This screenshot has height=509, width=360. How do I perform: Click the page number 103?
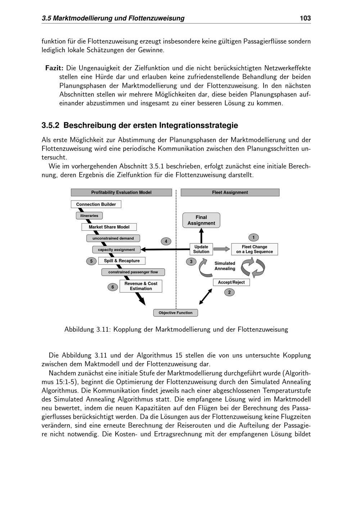(x=305, y=18)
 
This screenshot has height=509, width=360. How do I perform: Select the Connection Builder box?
(x=96, y=204)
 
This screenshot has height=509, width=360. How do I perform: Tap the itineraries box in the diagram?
(x=89, y=216)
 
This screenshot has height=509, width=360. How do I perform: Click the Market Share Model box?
(x=109, y=227)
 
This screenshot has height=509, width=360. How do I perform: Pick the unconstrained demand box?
(x=113, y=238)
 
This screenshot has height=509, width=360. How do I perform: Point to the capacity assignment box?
(x=116, y=249)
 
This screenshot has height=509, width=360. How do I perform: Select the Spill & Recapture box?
(x=122, y=261)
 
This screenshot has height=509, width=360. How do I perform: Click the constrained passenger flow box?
(x=133, y=272)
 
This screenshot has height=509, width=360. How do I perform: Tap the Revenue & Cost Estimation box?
(x=141, y=286)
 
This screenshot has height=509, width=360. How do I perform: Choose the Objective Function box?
(x=176, y=313)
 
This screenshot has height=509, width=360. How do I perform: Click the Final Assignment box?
(x=201, y=220)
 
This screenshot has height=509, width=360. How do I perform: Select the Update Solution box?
(x=201, y=249)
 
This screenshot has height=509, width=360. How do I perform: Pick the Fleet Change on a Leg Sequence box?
(x=255, y=249)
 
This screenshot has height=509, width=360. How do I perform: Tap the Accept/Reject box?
(x=231, y=283)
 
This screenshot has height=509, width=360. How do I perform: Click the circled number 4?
(x=166, y=242)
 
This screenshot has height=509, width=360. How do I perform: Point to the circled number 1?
(x=253, y=238)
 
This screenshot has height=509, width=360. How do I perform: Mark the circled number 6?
(x=113, y=287)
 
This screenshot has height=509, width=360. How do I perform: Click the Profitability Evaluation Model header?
(x=121, y=193)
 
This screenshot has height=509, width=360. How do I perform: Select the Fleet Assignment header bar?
(x=230, y=193)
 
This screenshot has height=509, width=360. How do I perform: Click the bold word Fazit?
(x=54, y=68)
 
